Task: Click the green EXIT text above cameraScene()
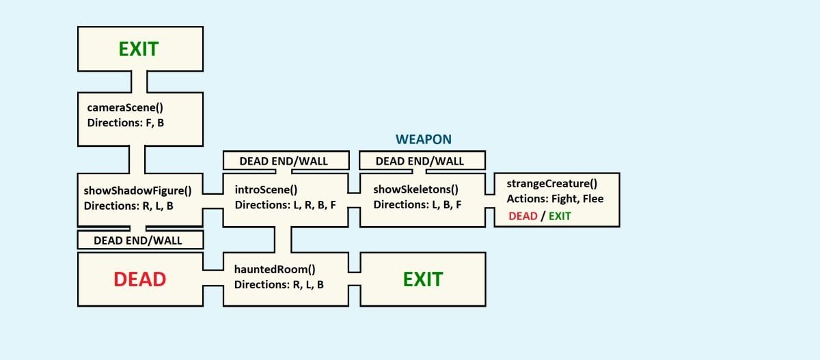[138, 49]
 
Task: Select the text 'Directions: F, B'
[126, 123]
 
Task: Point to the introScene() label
[266, 190]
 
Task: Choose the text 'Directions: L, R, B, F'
[285, 205]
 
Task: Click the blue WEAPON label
[423, 139]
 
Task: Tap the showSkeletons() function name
[415, 190]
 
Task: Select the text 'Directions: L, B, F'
[418, 205]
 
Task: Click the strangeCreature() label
[552, 183]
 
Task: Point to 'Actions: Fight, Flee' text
[555, 199]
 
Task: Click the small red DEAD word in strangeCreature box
[523, 216]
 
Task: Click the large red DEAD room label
[139, 279]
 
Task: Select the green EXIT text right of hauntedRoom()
[422, 279]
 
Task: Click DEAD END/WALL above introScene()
[284, 161]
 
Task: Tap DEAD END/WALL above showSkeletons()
[420, 161]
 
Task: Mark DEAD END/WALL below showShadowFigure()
[139, 240]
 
